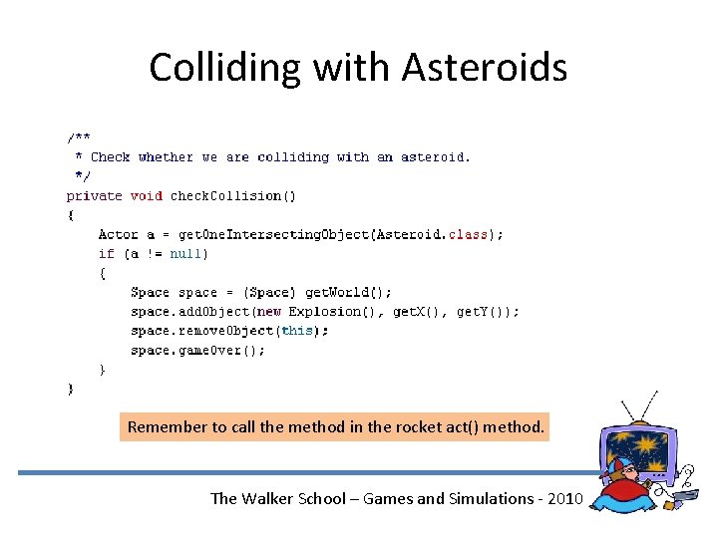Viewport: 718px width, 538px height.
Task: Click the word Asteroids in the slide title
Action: (x=485, y=68)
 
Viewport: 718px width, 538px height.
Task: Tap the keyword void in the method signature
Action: (x=146, y=195)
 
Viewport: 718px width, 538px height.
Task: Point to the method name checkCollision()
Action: (x=232, y=195)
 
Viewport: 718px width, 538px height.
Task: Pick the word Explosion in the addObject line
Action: (x=324, y=311)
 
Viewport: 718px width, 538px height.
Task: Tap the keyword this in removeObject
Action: (x=297, y=331)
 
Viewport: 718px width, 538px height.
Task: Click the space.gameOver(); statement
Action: (x=197, y=350)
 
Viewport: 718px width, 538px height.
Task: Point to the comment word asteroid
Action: (x=435, y=156)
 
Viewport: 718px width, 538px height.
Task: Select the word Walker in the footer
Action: (x=278, y=498)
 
